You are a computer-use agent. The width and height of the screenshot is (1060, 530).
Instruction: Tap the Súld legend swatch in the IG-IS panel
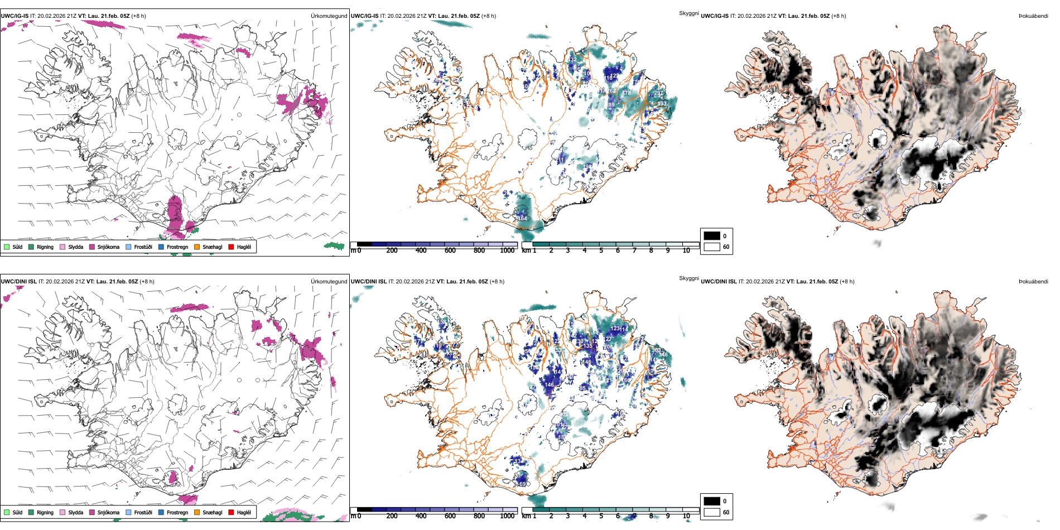tap(7, 247)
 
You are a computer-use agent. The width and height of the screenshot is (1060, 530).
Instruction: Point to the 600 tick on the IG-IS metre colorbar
tap(450, 250)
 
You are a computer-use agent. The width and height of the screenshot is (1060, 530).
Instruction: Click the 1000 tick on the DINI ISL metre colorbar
tap(507, 516)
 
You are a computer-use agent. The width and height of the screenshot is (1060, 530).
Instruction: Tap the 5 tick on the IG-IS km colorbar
tap(601, 250)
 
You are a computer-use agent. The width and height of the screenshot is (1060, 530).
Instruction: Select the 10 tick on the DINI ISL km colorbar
tap(686, 516)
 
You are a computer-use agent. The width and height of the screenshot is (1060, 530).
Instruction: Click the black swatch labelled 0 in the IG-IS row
tap(712, 236)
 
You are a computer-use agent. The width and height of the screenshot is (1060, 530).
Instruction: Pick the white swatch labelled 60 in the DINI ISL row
tap(712, 512)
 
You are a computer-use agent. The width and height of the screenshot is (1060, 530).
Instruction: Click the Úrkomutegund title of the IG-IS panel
tap(329, 16)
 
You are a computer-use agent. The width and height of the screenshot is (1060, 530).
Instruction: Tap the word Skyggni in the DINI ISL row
tap(688, 278)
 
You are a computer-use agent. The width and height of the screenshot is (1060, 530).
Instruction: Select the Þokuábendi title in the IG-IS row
tap(1033, 16)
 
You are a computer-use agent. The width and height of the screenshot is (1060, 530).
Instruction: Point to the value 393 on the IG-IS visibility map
tap(662, 103)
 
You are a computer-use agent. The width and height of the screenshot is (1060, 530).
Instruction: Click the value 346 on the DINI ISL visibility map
tap(663, 355)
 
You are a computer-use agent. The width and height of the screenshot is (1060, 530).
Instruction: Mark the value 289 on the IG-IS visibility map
tap(610, 105)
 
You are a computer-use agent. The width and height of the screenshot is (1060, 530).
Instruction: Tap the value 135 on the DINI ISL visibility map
tap(587, 346)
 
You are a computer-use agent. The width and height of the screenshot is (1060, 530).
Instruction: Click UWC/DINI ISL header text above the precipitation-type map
tap(18, 282)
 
